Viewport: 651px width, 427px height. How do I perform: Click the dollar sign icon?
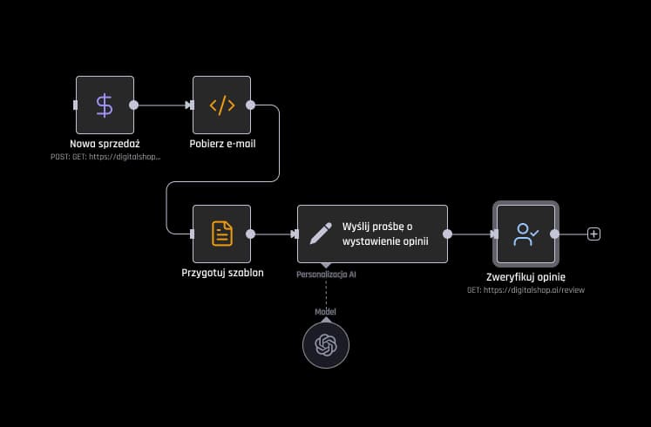(105, 105)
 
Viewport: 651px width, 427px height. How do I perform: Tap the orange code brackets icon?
(221, 105)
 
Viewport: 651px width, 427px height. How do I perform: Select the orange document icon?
(221, 234)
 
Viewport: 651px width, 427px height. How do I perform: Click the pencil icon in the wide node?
(320, 234)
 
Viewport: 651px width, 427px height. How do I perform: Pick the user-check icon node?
(526, 234)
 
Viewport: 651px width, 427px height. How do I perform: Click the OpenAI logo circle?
(325, 345)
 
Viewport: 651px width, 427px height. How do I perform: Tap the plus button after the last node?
(594, 234)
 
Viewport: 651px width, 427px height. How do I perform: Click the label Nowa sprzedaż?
(105, 144)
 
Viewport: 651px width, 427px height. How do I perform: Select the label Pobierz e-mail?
(222, 144)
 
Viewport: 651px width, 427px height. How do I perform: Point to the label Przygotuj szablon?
(222, 273)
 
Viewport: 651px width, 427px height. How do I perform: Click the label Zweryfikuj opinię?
(526, 276)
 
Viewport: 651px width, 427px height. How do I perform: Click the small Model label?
(325, 312)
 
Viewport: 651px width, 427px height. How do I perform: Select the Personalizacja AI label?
(326, 274)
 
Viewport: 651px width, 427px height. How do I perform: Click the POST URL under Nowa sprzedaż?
(105, 157)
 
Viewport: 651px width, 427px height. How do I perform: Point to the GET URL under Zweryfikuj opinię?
(526, 289)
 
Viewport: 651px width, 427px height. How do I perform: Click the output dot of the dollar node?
(133, 105)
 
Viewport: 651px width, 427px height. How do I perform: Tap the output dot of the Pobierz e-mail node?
(250, 105)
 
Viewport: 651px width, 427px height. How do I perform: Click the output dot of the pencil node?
(447, 234)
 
